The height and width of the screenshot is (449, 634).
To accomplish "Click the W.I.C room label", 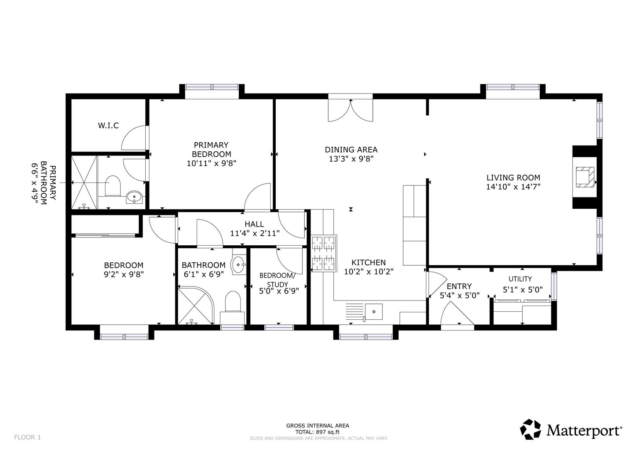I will click(108, 125).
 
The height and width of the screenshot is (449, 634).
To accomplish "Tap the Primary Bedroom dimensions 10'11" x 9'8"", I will click(212, 163).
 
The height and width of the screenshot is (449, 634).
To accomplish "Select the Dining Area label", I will click(351, 150).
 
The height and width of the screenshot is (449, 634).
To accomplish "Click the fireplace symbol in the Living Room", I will click(585, 177).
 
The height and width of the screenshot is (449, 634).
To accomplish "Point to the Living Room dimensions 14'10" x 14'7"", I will click(513, 187).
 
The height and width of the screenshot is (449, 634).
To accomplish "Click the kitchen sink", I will click(374, 311).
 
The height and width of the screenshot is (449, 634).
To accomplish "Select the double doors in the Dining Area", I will click(351, 110).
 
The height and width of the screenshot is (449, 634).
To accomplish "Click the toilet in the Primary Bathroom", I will click(113, 186).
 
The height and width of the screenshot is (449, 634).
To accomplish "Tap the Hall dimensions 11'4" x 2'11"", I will click(255, 233).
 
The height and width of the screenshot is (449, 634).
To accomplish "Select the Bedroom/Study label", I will click(278, 280).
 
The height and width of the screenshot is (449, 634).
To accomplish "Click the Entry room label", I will click(459, 286).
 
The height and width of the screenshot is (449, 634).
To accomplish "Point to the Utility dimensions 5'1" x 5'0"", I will click(523, 290).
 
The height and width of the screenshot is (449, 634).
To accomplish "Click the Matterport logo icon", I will click(531, 429).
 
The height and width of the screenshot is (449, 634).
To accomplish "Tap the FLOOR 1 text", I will click(27, 437).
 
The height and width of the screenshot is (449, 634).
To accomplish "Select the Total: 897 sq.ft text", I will click(318, 432).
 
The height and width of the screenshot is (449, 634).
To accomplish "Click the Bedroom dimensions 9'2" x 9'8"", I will click(124, 274).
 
